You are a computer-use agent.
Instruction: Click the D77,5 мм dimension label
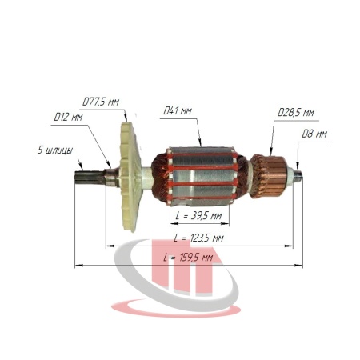pos(101,102)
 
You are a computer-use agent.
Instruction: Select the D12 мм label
pos(68,117)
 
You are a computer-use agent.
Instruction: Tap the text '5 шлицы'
pos(55,150)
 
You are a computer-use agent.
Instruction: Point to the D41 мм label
pos(178,110)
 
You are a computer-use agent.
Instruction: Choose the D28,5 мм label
pos(296,113)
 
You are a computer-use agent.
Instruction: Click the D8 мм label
pos(314,134)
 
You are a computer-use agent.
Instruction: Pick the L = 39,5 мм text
pos(198,215)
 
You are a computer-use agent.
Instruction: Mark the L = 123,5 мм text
pos(198,238)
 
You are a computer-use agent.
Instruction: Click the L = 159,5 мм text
pos(188,258)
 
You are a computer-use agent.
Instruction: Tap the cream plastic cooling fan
pos(130,177)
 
